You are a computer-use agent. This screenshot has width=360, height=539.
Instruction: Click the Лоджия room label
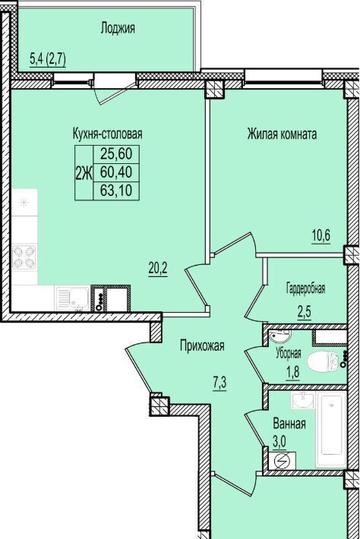pos(118,29)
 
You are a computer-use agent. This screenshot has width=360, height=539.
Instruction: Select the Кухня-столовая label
pos(107,134)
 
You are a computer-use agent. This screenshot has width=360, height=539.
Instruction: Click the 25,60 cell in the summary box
pos(116,153)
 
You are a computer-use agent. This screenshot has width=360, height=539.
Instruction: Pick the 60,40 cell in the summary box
pos(116,172)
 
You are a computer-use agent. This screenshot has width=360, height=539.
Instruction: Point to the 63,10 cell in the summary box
pos(116,190)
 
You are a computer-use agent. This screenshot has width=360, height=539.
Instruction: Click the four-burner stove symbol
pos(24,257)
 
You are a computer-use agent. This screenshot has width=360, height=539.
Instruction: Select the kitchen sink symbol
pos(73,298)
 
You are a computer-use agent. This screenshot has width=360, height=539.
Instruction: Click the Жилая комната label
pos(282,134)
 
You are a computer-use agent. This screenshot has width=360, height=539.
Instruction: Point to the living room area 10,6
pos(321,236)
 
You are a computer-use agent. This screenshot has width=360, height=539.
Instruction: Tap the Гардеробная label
pos(305,288)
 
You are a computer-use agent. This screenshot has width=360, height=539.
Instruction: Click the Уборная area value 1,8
pos(292,371)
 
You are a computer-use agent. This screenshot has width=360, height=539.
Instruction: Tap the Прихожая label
pos(202,345)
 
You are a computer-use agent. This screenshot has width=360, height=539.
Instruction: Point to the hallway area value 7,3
pos(219,383)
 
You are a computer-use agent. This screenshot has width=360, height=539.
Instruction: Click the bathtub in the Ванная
pos(331,430)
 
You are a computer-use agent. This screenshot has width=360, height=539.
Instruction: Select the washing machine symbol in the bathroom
pos(283,461)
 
